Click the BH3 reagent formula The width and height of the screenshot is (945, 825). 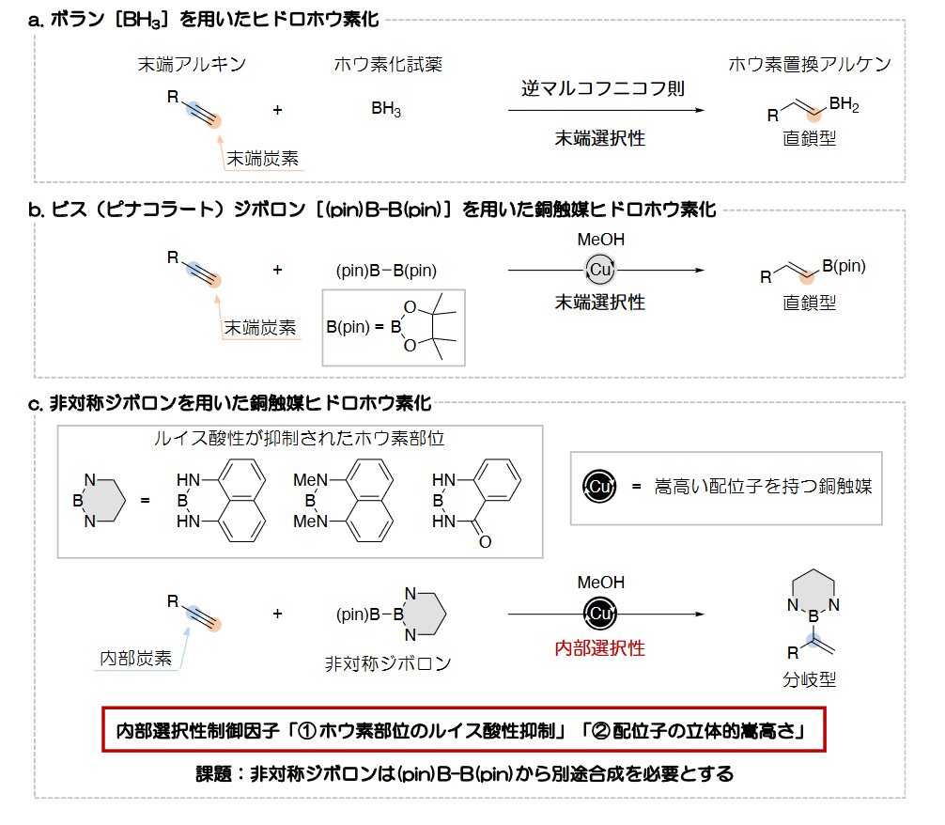coord(386,109)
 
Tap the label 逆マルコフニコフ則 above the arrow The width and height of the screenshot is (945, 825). coord(603,88)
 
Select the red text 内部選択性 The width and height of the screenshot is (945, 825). coord(599,648)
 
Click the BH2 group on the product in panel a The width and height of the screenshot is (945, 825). coord(844,104)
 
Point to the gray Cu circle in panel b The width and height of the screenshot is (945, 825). coord(600,270)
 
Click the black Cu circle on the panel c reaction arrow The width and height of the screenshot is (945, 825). coord(599,614)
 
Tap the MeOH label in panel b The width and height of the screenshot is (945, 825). coord(601,240)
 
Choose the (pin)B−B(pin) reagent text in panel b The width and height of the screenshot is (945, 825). coord(386,271)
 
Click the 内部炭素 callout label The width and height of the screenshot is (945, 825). coord(135,658)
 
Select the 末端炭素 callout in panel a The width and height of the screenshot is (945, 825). coord(262,159)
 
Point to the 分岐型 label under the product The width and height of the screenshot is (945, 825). coord(810,679)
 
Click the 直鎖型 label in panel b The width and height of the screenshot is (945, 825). coord(810,303)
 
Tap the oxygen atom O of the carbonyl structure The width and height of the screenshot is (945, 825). coord(485,542)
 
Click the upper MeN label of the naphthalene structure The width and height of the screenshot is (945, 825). coord(310,480)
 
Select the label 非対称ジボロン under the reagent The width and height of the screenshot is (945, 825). coord(388,663)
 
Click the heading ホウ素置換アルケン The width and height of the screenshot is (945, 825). coord(810,64)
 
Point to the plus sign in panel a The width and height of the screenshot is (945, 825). coord(277,110)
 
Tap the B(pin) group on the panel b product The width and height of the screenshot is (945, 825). coord(844,266)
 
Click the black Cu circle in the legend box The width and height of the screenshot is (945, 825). coord(599,486)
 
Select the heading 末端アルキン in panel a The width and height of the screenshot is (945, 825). coord(192,64)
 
